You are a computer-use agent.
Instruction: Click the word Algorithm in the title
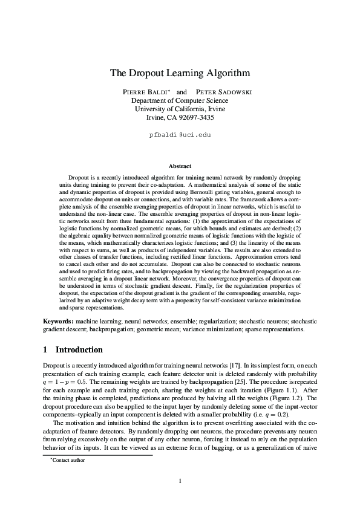point(225,73)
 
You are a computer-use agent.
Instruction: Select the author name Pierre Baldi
point(145,92)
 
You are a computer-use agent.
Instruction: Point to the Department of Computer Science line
point(180,100)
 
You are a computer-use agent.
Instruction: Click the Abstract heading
point(180,166)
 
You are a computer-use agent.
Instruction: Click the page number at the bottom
point(180,481)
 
